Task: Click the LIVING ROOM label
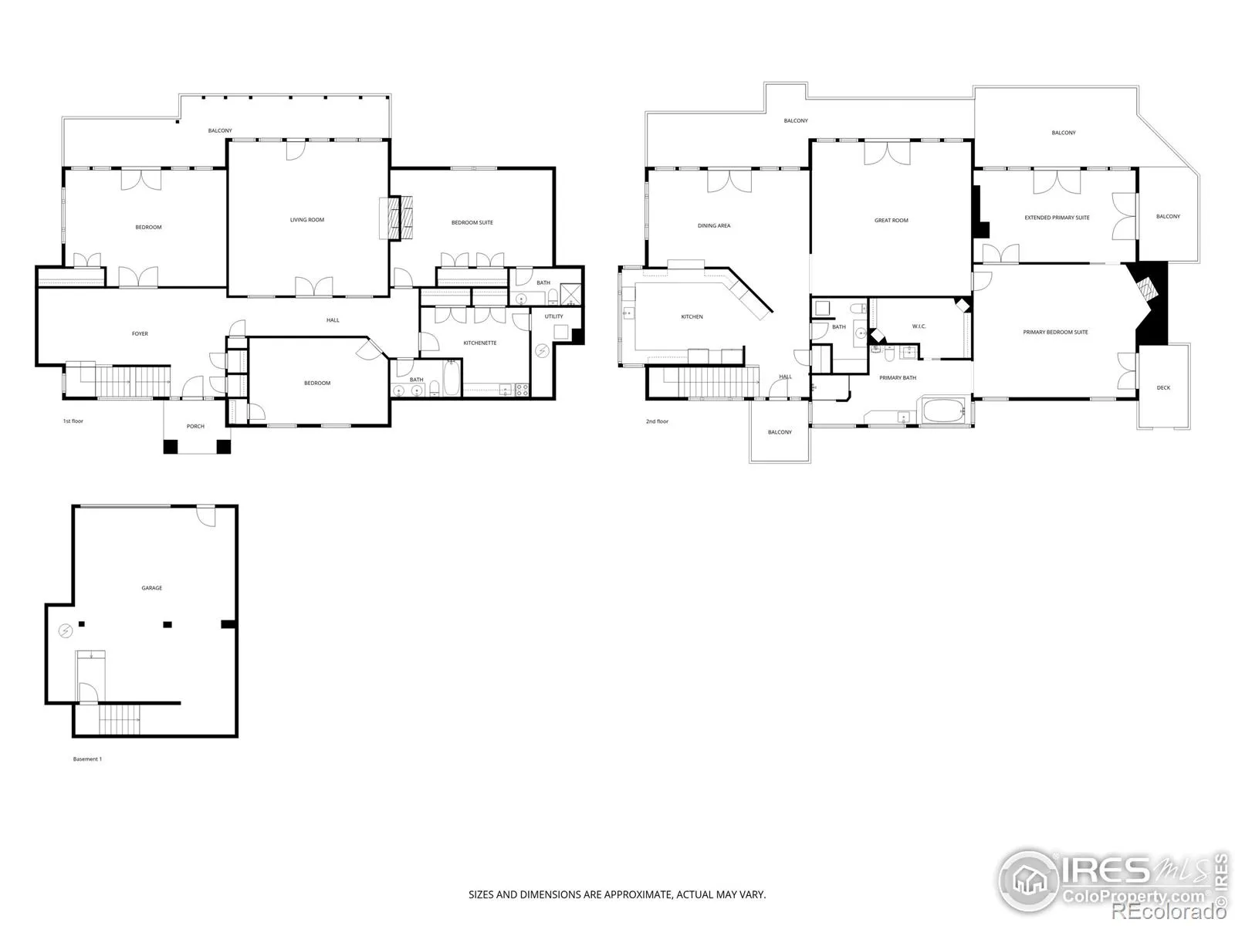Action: [x=306, y=220]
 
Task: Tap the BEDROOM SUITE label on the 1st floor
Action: [x=472, y=223]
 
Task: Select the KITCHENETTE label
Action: [x=480, y=343]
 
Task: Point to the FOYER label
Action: [x=140, y=334]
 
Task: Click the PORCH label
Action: [x=195, y=427]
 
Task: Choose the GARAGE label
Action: [x=152, y=588]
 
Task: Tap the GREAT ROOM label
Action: [x=892, y=221]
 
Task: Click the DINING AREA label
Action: [x=714, y=226]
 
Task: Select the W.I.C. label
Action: [x=919, y=326]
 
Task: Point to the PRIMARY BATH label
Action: [x=898, y=378]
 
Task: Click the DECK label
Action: [x=1163, y=388]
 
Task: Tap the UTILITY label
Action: [x=553, y=316]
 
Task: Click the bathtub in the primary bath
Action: [x=944, y=411]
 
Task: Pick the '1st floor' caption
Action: [x=73, y=421]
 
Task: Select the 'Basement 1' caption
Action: [x=87, y=759]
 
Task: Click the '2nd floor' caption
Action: [x=657, y=421]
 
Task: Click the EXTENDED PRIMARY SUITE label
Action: [x=1057, y=218]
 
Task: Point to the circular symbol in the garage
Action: [x=66, y=631]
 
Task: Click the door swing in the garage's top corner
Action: [x=207, y=517]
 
